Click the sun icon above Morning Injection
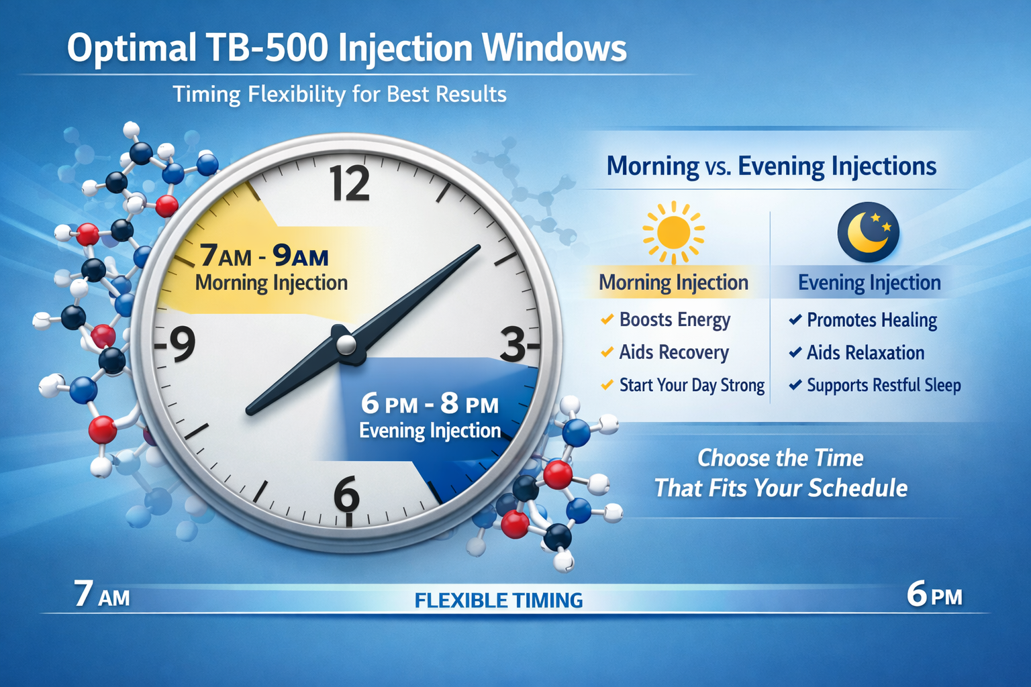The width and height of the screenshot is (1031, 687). [x=673, y=232]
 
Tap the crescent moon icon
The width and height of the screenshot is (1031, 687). [x=868, y=232]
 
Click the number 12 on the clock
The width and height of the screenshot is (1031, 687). [x=350, y=183]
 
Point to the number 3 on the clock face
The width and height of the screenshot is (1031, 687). [x=514, y=346]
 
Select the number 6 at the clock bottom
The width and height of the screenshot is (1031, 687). [x=347, y=495]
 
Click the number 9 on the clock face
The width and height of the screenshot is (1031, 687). [x=181, y=344]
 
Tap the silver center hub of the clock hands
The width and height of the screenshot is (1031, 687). [x=346, y=345]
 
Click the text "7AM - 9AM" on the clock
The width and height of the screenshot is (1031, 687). [x=264, y=256]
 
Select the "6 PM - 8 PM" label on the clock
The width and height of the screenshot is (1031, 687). [x=430, y=404]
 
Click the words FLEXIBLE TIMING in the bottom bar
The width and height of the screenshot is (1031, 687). [x=499, y=600]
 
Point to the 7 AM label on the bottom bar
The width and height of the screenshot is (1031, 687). [x=102, y=594]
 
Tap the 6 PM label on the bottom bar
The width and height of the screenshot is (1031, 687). [x=934, y=595]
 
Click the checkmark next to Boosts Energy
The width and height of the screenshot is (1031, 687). [x=607, y=319]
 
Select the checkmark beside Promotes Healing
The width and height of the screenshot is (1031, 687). [x=795, y=319]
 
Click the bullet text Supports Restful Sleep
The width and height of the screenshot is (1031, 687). [x=883, y=385]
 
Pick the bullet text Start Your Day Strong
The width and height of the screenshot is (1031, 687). [x=691, y=385]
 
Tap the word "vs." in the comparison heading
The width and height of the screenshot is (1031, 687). [x=718, y=167]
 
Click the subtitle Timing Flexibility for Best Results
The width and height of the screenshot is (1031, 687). [x=340, y=94]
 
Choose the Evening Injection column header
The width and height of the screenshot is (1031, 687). [x=869, y=282]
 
